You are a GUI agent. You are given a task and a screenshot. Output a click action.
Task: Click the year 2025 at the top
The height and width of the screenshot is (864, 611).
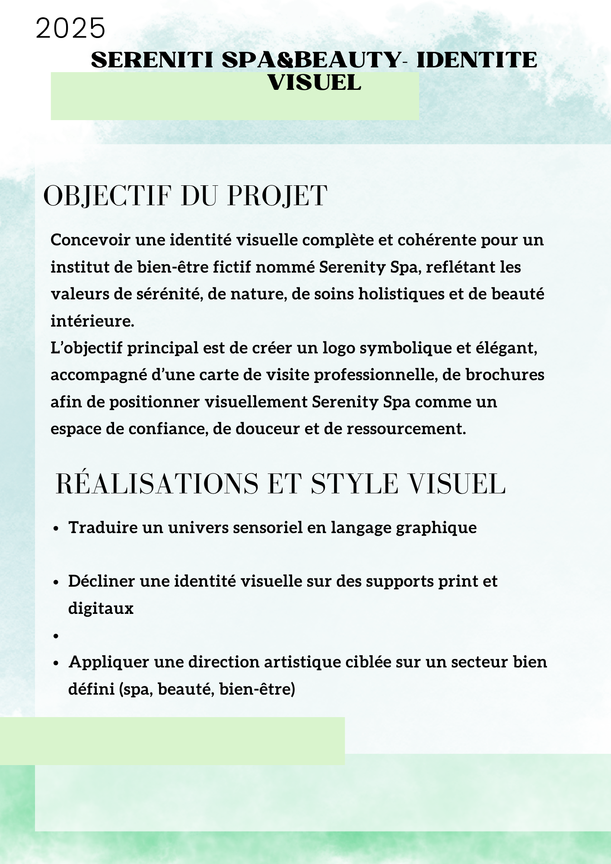[x=70, y=29]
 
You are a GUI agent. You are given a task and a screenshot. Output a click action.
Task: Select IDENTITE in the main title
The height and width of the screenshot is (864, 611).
[x=477, y=60]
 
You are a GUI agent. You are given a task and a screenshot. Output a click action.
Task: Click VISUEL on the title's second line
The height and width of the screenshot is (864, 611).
[x=314, y=83]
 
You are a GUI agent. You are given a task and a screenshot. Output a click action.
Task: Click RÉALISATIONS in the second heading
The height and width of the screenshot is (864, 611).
[x=157, y=484]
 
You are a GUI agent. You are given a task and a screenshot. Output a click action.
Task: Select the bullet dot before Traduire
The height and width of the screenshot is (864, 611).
[x=56, y=529]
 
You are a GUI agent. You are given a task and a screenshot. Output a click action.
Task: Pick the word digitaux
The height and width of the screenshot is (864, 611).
[x=101, y=608]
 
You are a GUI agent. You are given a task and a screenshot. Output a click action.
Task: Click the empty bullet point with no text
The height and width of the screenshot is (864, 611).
[x=56, y=636]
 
